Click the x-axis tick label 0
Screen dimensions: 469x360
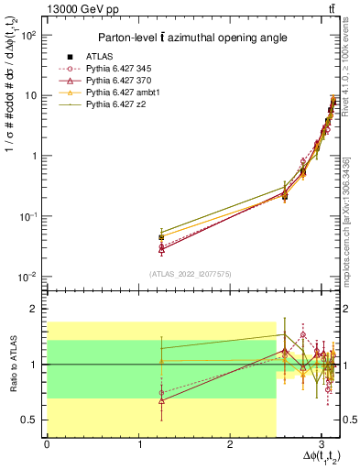pyautogui.click(x=47, y=444)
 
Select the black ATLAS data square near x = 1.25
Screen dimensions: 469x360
pyautogui.click(x=161, y=237)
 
